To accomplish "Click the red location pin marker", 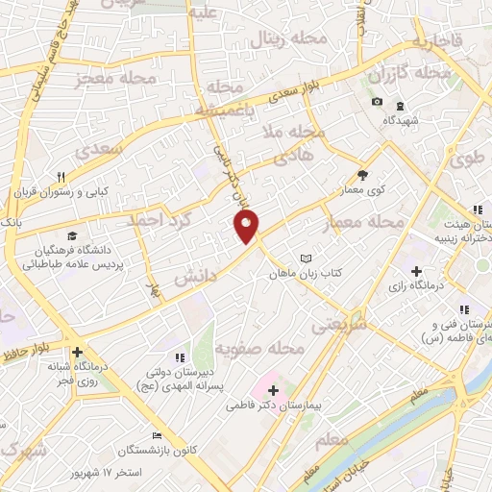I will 248,228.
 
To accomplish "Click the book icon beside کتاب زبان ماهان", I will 306,259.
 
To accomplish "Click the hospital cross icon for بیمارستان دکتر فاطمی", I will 273,390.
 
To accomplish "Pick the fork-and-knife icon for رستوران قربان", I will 61,177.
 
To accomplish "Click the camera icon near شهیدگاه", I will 378,103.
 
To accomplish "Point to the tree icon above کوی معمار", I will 361,175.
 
